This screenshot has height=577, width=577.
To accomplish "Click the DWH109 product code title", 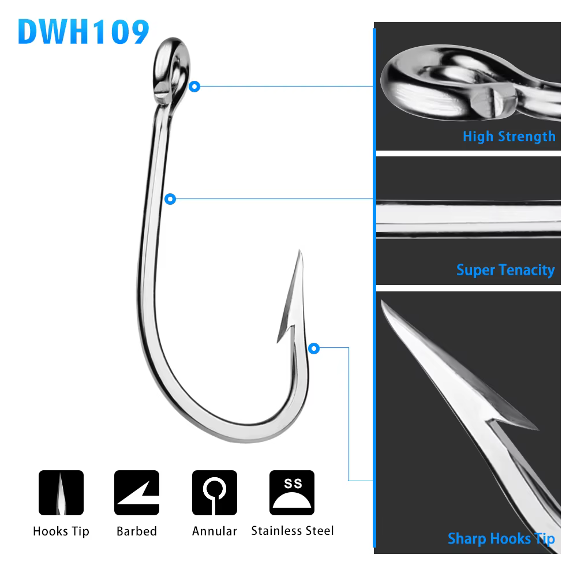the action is pos(84,32).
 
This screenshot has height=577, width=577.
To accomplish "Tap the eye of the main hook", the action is pos(171,70).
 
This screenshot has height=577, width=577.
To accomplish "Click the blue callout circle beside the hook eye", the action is pos(194,87).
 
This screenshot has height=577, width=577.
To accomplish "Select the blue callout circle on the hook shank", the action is pos(170,199).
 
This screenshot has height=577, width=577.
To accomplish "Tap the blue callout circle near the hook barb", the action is pos(313,348).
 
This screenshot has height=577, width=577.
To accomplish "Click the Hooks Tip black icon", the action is pos(61,492).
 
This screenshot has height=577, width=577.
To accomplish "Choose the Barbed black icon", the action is pos(137,492).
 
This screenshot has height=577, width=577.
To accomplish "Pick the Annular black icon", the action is pos(215,492).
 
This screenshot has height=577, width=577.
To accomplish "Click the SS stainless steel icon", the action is pos(292,492).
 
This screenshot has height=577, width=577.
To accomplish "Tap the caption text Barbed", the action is pos(137,531).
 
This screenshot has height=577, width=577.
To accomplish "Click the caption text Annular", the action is pos(215,531).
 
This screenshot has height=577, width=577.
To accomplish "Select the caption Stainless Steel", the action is pos(292,531).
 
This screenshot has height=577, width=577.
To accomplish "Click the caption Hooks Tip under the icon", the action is pos(61,532).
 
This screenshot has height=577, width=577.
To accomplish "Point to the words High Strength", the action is pos(509,137).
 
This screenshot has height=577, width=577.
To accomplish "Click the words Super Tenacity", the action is pos(505,270).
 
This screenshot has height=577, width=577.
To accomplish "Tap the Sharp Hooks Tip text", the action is pos(501,539).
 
